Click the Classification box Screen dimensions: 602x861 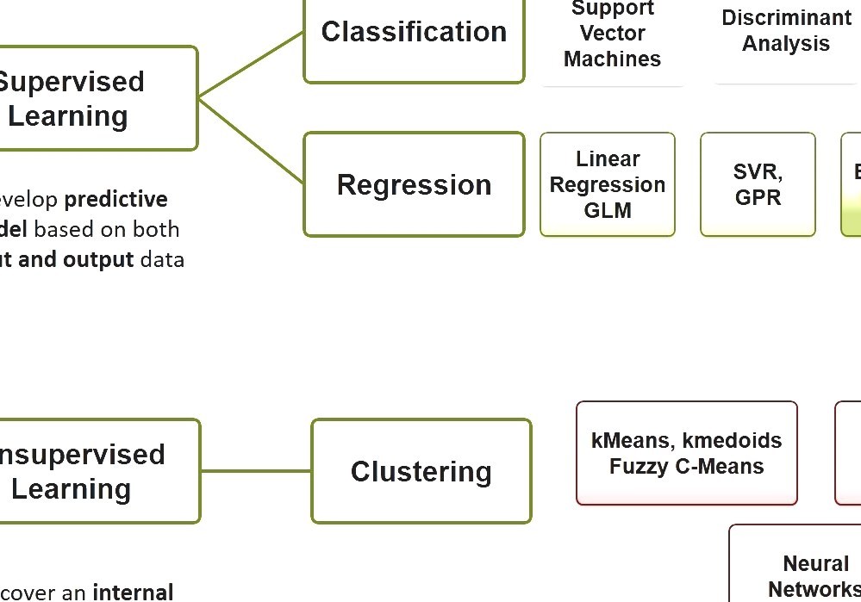click(x=414, y=34)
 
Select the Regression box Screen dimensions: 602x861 click(x=414, y=184)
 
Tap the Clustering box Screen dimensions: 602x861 click(x=421, y=471)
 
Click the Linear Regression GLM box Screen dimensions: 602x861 click(x=608, y=184)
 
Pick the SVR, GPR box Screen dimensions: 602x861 click(x=758, y=184)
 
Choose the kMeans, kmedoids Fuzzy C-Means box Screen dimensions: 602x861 click(x=686, y=453)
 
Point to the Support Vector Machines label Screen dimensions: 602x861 click(x=612, y=34)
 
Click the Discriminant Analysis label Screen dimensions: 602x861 click(x=786, y=31)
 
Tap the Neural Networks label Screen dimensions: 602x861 click(x=815, y=576)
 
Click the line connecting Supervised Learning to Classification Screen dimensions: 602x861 click(x=251, y=65)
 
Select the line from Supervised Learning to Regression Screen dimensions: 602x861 click(x=251, y=140)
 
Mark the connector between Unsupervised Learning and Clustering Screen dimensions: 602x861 click(x=255, y=471)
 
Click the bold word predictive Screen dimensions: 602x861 click(x=116, y=200)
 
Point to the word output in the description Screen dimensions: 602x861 click(x=98, y=259)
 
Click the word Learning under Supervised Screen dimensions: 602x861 click(x=68, y=116)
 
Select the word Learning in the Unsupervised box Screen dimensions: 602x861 click(x=71, y=489)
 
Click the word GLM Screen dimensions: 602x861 click(x=608, y=211)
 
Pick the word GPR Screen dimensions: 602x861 click(x=758, y=198)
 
